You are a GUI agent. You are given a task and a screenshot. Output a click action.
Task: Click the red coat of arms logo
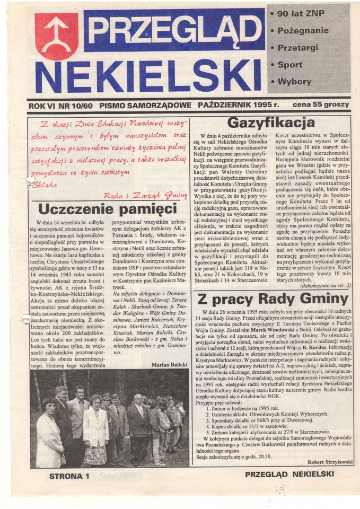56,36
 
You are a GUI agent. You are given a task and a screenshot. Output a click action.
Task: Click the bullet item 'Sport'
289,65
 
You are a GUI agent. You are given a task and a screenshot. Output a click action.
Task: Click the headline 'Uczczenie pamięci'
107,208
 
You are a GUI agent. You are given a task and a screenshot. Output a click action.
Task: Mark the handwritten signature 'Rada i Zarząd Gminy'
153,195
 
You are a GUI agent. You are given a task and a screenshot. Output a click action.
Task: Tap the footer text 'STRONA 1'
69,476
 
